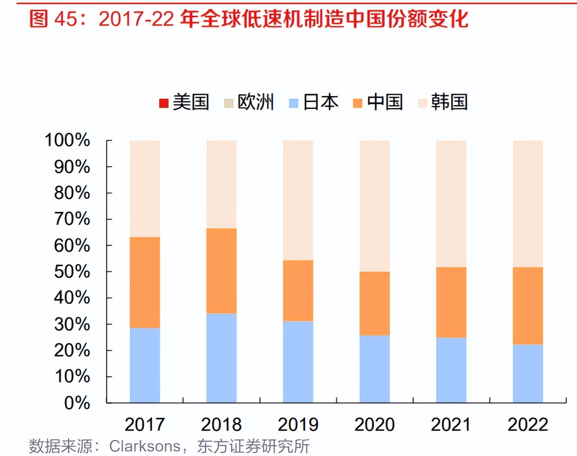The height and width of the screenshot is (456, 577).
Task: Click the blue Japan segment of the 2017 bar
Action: click(145, 365)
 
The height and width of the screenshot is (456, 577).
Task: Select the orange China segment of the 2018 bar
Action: click(221, 271)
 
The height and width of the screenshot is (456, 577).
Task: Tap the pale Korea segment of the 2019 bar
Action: click(298, 200)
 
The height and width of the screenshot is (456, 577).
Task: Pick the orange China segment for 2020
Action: click(375, 303)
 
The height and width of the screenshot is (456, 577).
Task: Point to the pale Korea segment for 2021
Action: click(451, 204)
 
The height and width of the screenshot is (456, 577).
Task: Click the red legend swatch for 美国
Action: click(164, 103)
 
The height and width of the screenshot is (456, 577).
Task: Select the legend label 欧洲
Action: click(256, 102)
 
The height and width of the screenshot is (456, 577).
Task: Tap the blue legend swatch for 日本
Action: click(294, 103)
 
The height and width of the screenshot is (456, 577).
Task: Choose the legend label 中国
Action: click(385, 102)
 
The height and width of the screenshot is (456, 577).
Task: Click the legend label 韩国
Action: click(449, 102)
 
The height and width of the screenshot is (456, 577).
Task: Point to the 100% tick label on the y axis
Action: click(67, 140)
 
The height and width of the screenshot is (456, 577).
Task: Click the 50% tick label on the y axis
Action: click(72, 272)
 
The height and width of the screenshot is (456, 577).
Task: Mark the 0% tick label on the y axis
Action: click(77, 403)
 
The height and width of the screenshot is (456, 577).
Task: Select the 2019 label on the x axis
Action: click(298, 424)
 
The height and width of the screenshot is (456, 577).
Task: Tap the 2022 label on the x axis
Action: click(528, 424)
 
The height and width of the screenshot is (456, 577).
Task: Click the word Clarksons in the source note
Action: click(145, 446)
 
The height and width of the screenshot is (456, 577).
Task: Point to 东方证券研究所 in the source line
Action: click(253, 446)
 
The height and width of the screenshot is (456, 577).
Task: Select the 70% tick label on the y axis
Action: click(72, 219)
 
